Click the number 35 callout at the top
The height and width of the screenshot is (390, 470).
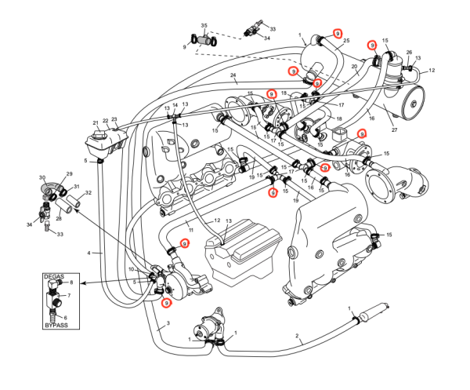tap(204, 26)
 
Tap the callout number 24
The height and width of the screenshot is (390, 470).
tap(233, 75)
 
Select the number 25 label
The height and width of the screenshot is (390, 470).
tap(346, 41)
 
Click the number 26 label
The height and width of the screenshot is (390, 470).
tap(409, 53)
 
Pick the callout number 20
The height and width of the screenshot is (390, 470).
tap(354, 67)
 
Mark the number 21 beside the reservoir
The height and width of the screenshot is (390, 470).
tap(96, 122)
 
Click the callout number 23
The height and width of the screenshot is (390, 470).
tap(114, 118)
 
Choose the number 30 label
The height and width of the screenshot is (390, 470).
tap(42, 178)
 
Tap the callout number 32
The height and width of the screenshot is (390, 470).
tap(88, 193)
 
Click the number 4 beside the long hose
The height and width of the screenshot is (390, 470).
tap(89, 253)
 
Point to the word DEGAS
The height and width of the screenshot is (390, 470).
tap(54, 277)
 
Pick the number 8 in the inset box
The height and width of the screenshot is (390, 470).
tap(71, 282)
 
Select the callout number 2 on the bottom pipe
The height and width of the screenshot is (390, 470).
tap(298, 337)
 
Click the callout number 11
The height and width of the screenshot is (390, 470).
tap(189, 230)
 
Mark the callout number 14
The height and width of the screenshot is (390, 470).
tap(175, 105)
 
